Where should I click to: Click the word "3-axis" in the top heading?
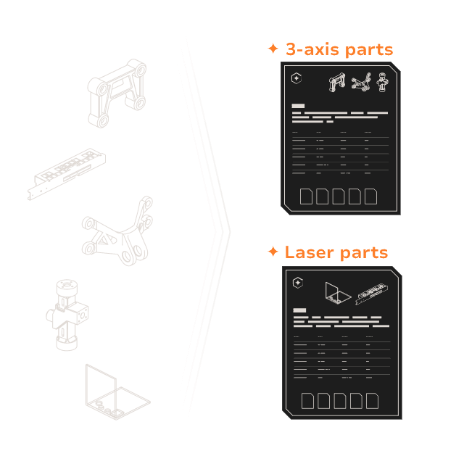click(x=312, y=49)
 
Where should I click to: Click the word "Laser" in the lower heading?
click(x=310, y=252)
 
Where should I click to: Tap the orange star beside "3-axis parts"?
click(x=273, y=49)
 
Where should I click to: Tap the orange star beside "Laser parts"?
click(x=273, y=252)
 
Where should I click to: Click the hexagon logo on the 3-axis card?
click(x=297, y=78)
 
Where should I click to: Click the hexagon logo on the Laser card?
click(x=298, y=283)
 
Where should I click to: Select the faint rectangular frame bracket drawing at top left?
click(x=117, y=94)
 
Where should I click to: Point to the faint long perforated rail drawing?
click(x=67, y=174)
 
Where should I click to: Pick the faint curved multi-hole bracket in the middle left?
click(x=117, y=231)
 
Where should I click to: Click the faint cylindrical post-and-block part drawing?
click(x=67, y=315)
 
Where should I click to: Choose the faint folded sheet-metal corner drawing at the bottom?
click(x=117, y=391)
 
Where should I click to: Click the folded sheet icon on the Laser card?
click(x=338, y=294)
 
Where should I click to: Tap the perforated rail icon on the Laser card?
click(x=372, y=294)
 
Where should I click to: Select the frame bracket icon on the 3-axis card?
click(x=337, y=82)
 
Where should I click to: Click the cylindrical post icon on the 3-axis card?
click(x=382, y=82)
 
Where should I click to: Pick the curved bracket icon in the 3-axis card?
click(x=361, y=82)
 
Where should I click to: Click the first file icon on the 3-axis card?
click(x=306, y=196)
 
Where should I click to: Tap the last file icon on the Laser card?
click(x=372, y=401)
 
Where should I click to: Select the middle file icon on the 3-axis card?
click(x=339, y=196)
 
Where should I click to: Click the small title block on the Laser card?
click(x=299, y=310)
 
